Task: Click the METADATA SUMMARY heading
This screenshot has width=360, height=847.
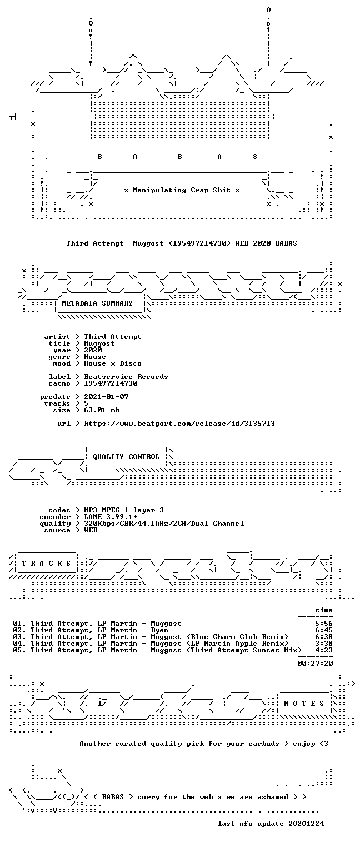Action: pos(97,303)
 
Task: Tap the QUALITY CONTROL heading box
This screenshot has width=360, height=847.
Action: pos(126,457)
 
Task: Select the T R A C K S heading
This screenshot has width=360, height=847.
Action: pos(46,564)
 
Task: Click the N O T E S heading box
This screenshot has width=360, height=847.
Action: pos(304,704)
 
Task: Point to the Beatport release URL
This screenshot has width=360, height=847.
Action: pos(179,423)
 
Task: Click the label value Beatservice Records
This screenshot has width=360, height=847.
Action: pos(126,377)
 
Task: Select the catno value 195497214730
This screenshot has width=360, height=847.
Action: pos(111,383)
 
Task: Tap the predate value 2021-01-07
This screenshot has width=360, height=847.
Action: pos(106,397)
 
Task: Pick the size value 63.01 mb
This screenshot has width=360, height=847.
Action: pos(102,410)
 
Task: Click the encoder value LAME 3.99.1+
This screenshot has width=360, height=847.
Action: pos(111,517)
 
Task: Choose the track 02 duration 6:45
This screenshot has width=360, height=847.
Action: pos(324,630)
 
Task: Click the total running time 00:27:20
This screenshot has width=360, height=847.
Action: pos(315,663)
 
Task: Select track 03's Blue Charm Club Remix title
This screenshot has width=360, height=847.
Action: pos(219,637)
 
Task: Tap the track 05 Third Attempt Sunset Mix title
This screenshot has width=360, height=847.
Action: pos(226,650)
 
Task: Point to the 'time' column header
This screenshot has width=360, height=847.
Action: pos(324,610)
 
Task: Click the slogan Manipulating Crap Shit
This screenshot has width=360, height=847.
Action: pos(182,190)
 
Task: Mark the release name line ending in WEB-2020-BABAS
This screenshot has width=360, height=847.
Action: pos(182,243)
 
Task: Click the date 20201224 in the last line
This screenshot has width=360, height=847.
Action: pos(306,824)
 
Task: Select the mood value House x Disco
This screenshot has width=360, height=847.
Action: pos(113,363)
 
